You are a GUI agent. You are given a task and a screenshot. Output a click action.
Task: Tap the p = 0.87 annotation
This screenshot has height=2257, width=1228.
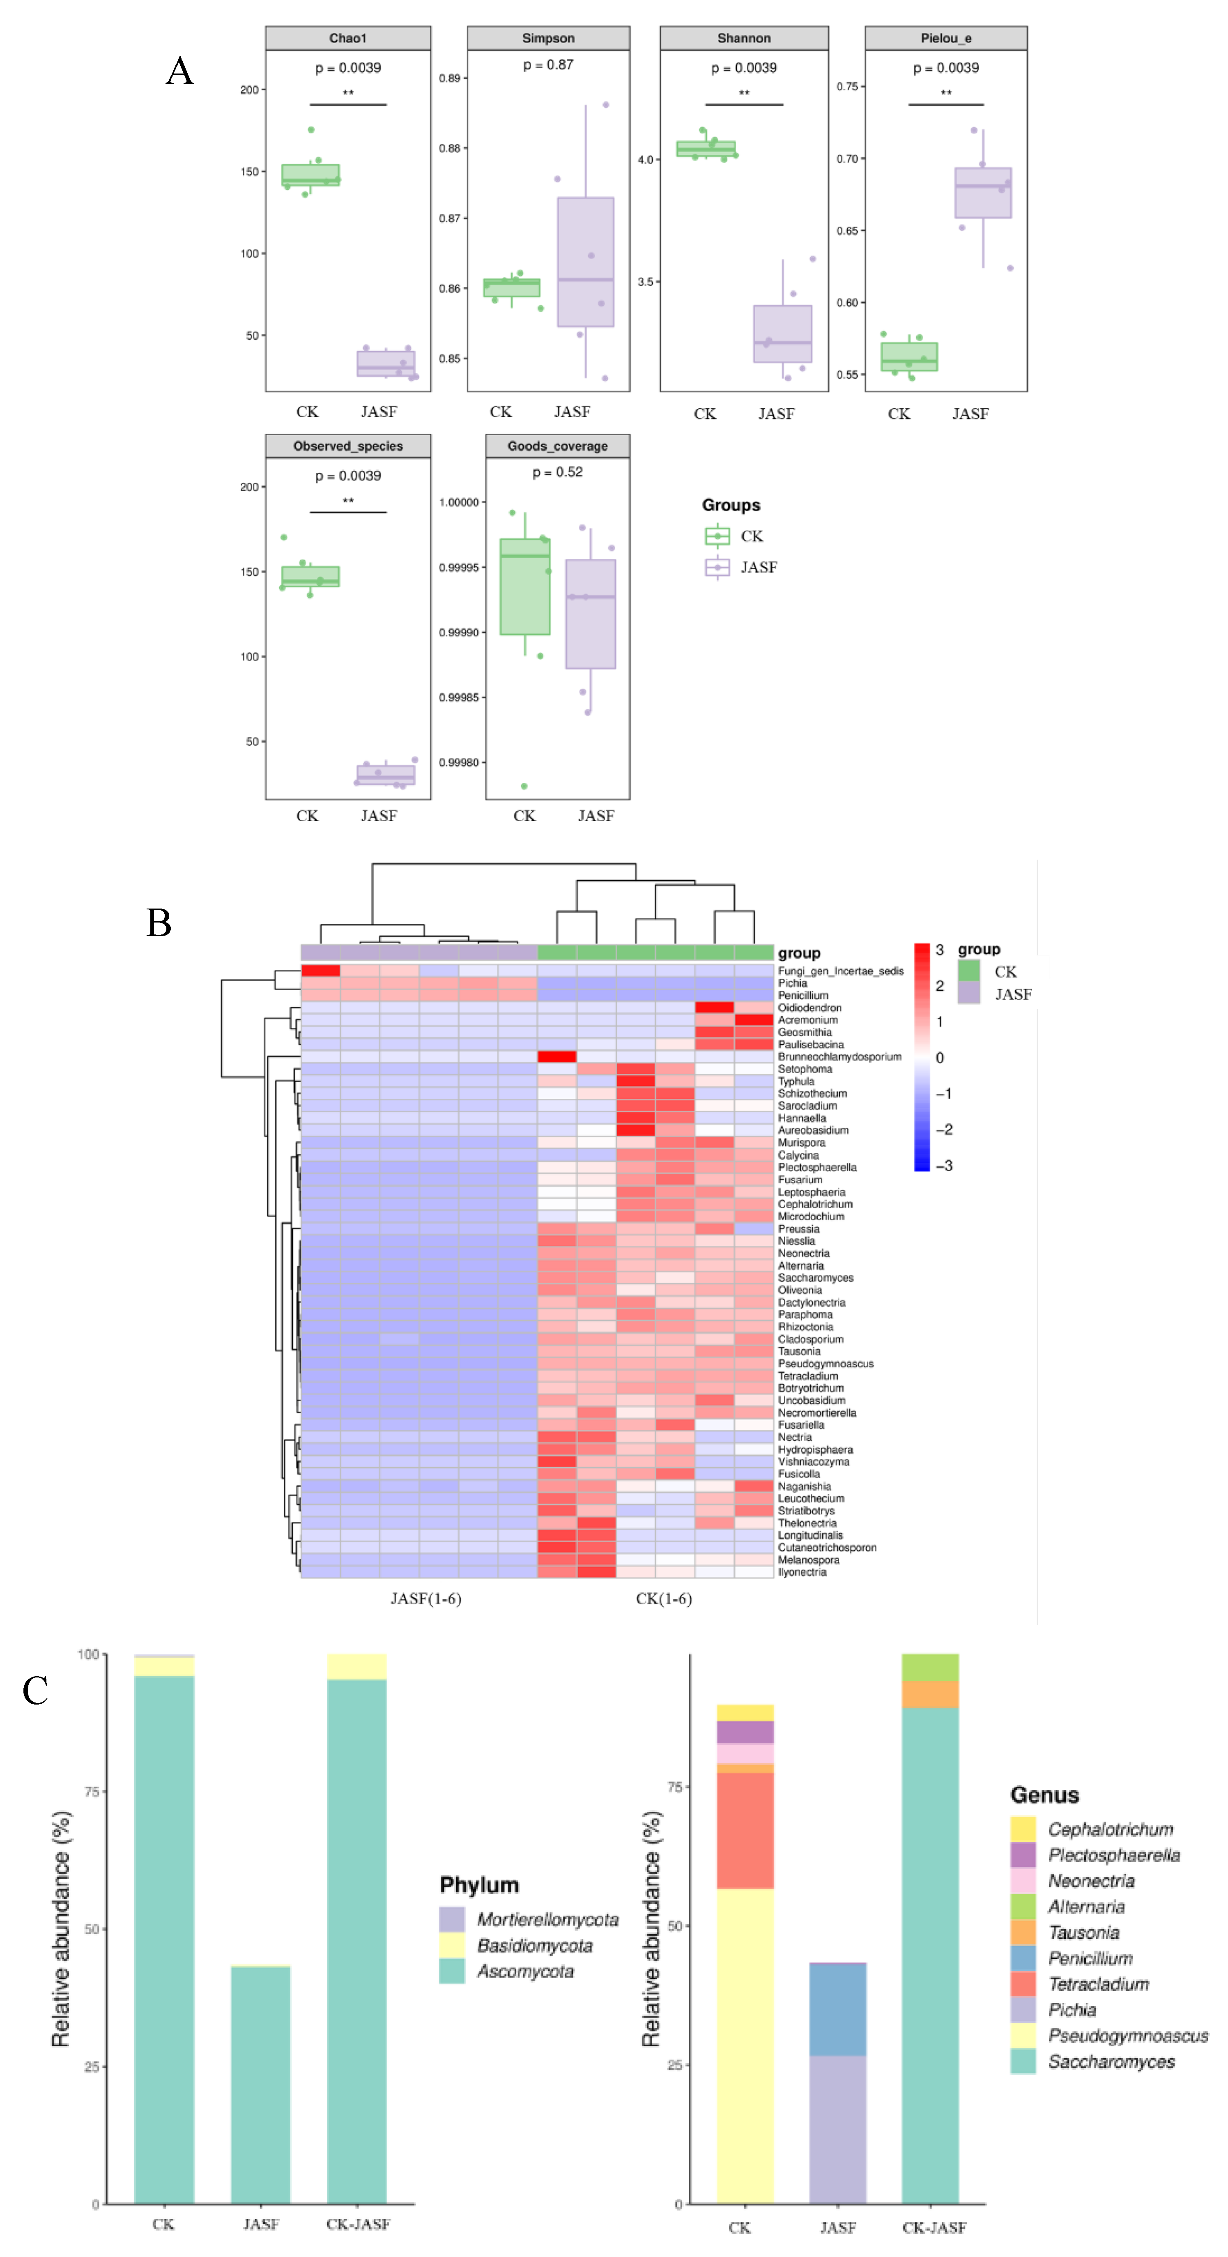[x=548, y=65]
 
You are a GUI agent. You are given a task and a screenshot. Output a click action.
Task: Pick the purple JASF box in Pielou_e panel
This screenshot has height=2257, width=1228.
[x=983, y=193]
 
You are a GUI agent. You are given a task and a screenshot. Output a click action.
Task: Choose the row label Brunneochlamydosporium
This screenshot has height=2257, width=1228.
[x=839, y=1057]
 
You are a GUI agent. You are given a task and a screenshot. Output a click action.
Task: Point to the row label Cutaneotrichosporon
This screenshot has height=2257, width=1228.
[x=827, y=1547]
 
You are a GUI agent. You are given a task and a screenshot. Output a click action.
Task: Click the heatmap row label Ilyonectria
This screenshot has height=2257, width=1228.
[x=801, y=1572]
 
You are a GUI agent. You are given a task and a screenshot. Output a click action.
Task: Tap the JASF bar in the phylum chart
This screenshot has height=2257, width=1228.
[x=260, y=2085]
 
